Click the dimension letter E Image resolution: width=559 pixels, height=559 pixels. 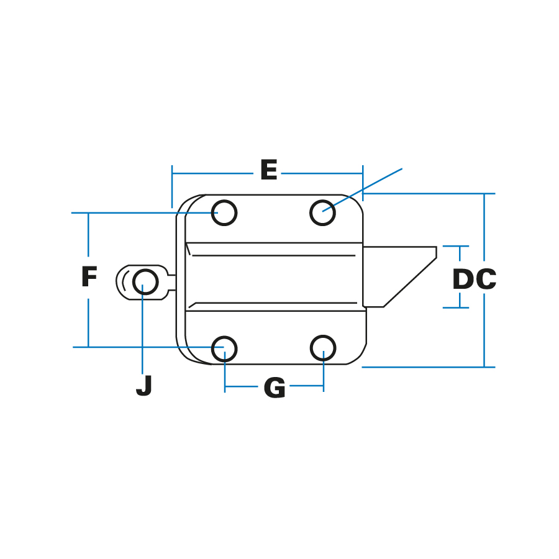point(268,170)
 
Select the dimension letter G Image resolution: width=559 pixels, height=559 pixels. point(275,388)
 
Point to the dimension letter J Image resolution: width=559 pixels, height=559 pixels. point(144,386)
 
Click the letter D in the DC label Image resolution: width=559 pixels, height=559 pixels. point(463,280)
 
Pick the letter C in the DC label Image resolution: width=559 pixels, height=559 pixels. point(486,280)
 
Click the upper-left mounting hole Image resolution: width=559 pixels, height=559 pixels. point(224,213)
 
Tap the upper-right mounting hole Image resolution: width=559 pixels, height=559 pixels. point(323,213)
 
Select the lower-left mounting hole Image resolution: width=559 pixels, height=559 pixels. point(224,348)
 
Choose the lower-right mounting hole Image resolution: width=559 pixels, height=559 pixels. point(323,348)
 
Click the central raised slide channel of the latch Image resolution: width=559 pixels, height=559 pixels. point(273,276)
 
